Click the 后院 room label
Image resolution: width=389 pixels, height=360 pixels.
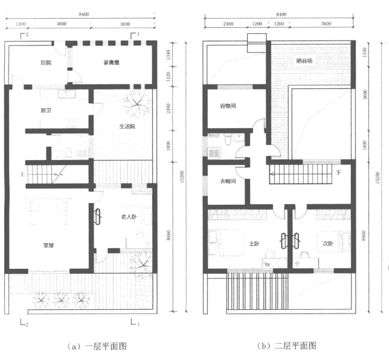tap(45, 62)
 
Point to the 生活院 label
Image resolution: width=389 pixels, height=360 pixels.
tap(127, 126)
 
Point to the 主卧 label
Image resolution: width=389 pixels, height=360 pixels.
tap(254, 243)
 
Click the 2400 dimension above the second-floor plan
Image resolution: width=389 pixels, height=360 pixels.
tap(228, 24)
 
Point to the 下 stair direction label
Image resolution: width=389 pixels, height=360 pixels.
tap(338, 172)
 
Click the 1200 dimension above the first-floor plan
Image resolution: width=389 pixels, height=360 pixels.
tap(20, 24)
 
